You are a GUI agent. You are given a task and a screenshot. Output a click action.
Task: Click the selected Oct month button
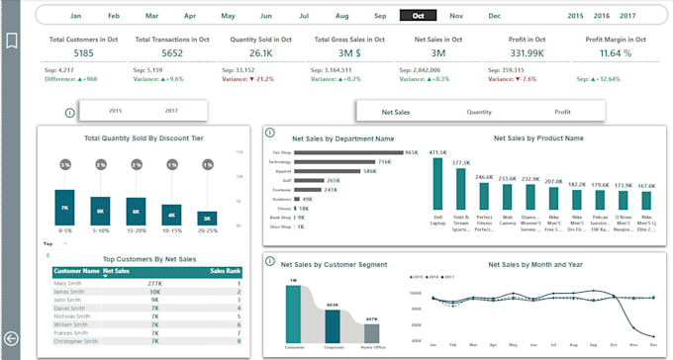[418, 16]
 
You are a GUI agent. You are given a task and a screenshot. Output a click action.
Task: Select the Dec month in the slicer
[494, 16]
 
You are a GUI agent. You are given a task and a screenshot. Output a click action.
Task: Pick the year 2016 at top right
[602, 16]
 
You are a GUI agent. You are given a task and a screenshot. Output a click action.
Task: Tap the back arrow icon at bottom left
[12, 338]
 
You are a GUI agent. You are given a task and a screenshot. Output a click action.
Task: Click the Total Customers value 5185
[84, 53]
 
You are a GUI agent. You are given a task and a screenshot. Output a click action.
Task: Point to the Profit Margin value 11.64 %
[623, 53]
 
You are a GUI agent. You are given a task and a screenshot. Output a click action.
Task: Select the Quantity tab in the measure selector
[479, 113]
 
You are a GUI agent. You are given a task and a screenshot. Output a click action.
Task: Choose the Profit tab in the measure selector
[562, 113]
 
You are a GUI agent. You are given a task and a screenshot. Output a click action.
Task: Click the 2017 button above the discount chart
[172, 111]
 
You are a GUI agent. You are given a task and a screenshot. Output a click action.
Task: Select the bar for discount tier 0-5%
[64, 207]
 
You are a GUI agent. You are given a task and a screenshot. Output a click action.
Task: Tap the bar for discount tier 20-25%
[207, 219]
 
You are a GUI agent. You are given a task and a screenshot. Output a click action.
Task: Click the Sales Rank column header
[226, 270]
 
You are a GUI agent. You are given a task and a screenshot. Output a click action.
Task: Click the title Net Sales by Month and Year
[535, 265]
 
